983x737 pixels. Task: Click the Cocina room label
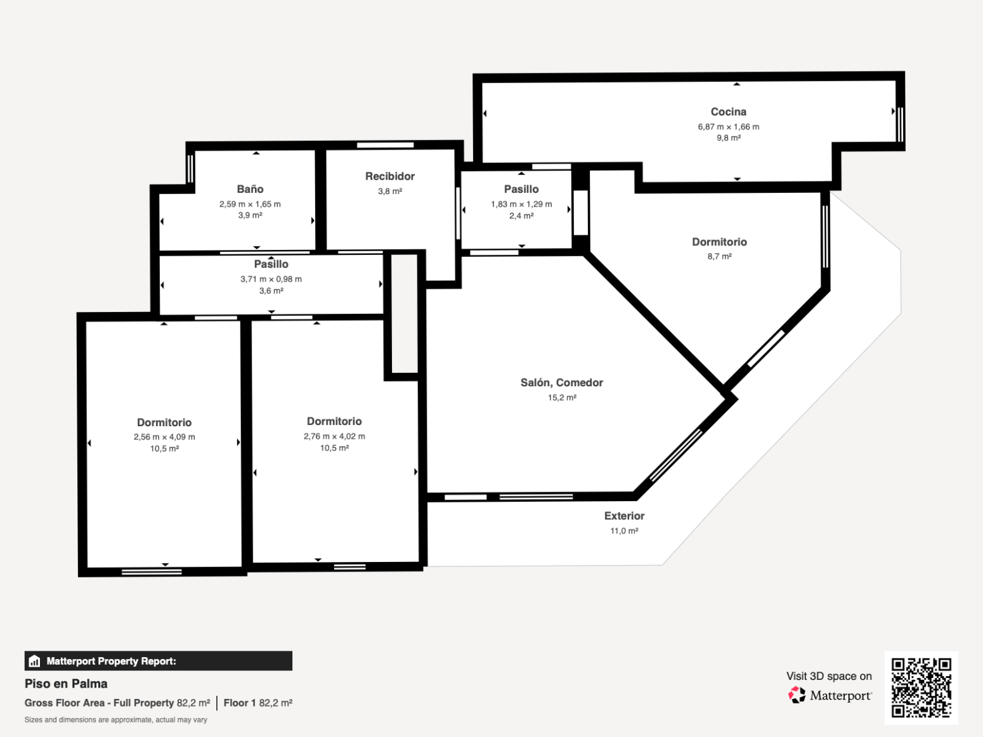click(x=728, y=112)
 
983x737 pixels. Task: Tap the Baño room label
click(x=250, y=189)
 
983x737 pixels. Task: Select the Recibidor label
click(x=389, y=176)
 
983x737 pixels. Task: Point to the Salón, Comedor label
click(x=562, y=382)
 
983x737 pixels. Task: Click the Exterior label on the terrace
click(x=624, y=516)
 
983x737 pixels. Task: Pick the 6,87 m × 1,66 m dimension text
click(x=728, y=127)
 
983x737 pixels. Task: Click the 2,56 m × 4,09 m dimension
click(x=164, y=436)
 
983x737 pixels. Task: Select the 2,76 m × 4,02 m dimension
click(x=334, y=436)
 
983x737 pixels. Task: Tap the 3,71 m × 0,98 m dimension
click(x=271, y=279)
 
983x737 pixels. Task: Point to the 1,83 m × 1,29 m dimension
click(x=521, y=204)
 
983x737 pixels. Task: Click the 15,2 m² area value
click(x=562, y=398)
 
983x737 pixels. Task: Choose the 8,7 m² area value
click(x=719, y=257)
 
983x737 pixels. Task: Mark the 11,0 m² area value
click(x=624, y=531)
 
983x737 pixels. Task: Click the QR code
click(x=921, y=688)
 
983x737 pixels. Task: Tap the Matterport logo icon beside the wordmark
click(x=797, y=695)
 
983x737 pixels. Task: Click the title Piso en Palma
click(x=66, y=684)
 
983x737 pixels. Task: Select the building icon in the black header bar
click(x=34, y=661)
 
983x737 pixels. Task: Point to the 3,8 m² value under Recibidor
click(x=389, y=191)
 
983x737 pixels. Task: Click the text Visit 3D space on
click(x=829, y=676)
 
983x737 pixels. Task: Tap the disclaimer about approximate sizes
click(x=115, y=720)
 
